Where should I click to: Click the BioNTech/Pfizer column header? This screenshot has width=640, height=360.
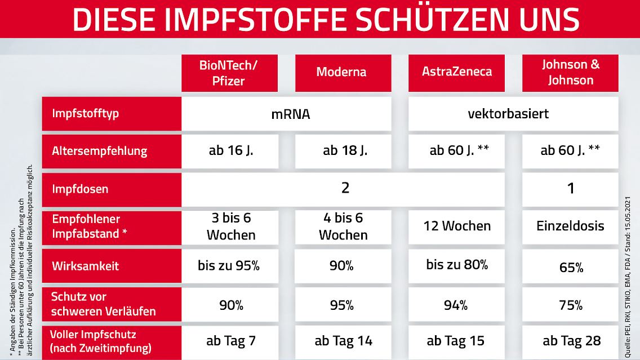229,73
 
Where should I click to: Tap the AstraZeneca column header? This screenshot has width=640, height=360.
456,73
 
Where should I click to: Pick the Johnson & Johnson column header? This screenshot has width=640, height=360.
570,73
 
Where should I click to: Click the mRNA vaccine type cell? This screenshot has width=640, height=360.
286,114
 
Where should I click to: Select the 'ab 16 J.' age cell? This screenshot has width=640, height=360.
229,151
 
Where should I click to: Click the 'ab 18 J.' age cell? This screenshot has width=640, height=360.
343,151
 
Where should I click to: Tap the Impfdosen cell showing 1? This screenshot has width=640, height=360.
570,189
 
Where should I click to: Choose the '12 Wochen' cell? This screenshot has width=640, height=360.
456,226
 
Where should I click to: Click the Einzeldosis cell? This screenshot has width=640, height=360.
570,226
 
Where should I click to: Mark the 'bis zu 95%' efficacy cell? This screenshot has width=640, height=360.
229,266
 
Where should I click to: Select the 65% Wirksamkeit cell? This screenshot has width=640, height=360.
570,267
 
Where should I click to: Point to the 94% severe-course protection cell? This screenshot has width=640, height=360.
456,305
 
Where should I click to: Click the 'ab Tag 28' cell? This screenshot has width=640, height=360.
570,341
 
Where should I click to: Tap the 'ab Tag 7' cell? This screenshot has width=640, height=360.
229,341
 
